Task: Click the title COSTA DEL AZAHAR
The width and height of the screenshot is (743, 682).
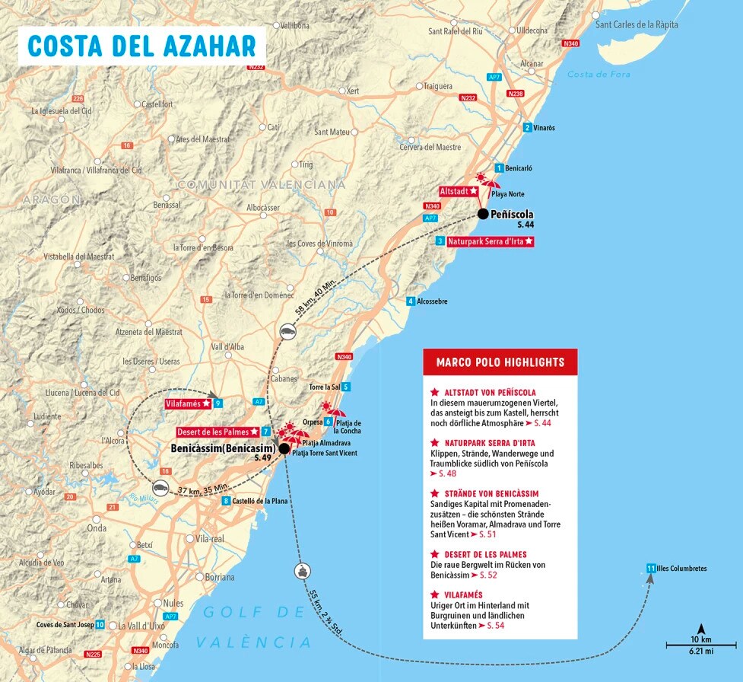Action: tap(142, 45)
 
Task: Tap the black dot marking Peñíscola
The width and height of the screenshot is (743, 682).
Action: tap(482, 214)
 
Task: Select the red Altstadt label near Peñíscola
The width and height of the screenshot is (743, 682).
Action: tap(459, 191)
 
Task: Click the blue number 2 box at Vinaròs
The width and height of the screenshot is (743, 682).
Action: tap(527, 127)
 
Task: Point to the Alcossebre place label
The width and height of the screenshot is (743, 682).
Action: tap(432, 301)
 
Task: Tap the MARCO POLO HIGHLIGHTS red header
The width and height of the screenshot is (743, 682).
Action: tap(500, 362)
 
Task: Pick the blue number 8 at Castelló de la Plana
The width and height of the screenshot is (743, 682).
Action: tap(226, 501)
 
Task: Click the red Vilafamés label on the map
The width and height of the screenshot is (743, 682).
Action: tap(187, 403)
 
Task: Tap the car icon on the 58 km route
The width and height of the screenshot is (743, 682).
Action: tap(287, 331)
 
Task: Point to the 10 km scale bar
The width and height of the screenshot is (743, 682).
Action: tap(700, 645)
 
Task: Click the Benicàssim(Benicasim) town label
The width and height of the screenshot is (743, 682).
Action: tap(222, 448)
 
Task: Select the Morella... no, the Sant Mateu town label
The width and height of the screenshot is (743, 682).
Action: tap(331, 132)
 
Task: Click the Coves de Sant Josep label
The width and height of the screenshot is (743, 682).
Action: tap(65, 625)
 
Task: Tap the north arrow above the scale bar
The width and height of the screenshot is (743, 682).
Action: tap(700, 629)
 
